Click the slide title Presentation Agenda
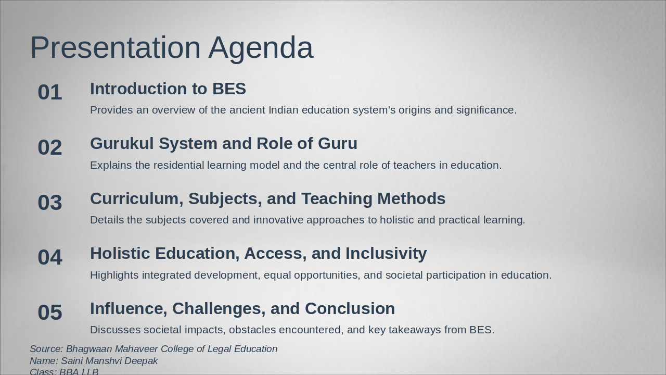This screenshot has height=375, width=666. coord(172,48)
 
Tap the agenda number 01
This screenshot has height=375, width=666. coord(50,93)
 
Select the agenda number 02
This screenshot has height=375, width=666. coord(50,148)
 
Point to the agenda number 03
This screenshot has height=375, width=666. coord(50,203)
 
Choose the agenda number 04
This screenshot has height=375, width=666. coord(50,258)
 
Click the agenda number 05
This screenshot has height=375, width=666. coord(50,312)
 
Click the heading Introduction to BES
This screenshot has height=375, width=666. coord(168,89)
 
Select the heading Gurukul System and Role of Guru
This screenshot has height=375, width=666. coord(223,144)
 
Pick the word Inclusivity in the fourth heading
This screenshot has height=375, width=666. coord(386,254)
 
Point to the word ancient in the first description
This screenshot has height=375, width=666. coord(247,110)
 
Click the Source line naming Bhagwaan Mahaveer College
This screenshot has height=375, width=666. coord(153,349)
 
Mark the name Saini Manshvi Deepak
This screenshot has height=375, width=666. coord(109,361)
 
